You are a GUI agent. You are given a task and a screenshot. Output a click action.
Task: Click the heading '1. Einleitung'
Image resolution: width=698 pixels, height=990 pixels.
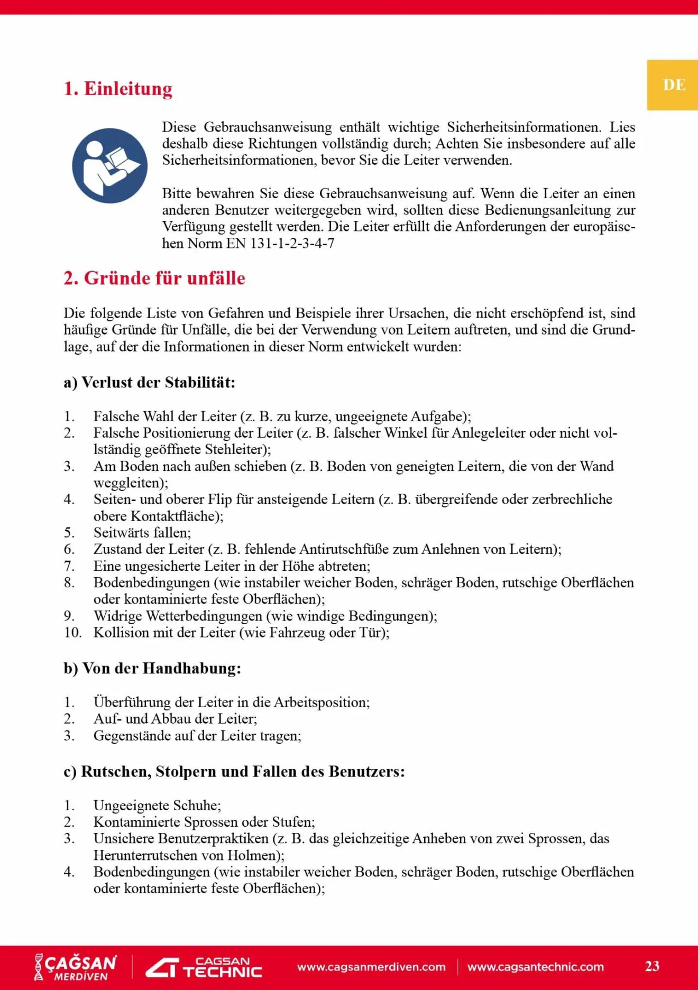coord(118,89)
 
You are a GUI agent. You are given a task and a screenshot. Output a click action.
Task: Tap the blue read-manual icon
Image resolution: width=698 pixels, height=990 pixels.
coord(109,165)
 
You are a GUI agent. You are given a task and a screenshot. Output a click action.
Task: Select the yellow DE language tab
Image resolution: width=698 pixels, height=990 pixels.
coord(673,85)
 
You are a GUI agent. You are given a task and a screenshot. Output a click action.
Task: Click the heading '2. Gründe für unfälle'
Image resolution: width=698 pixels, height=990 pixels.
coord(154,278)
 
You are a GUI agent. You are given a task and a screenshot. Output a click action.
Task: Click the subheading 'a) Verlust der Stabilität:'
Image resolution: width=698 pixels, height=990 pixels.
coord(149,382)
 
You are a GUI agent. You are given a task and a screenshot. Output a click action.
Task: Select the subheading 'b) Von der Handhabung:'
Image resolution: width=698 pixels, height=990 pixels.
coord(152,668)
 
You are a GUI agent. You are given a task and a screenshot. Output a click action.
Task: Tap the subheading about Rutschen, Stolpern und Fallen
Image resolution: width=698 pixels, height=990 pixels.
coord(234,771)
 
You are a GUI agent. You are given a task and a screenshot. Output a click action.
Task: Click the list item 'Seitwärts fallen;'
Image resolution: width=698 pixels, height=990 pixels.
coord(142,532)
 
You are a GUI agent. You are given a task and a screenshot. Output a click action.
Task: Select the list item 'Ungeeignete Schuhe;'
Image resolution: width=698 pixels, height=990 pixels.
coord(157,805)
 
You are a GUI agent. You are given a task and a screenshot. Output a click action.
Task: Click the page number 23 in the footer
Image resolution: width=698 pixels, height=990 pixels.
coord(652,966)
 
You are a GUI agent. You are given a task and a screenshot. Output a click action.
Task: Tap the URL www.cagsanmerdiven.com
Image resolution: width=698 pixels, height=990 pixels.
coord(371,967)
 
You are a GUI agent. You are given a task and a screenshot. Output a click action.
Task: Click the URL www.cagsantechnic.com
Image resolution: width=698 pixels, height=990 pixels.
coord(535,967)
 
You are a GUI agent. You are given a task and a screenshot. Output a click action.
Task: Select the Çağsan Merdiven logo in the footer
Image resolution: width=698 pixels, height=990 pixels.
coord(76,967)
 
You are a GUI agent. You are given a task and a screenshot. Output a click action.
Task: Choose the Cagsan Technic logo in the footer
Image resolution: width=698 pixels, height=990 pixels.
coord(204,967)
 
